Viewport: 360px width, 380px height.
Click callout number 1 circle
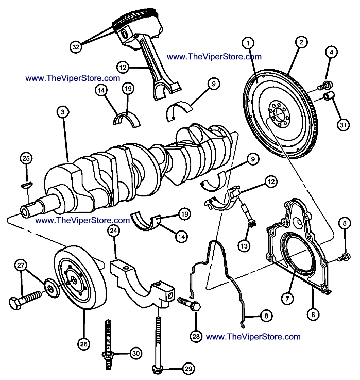point(248,43)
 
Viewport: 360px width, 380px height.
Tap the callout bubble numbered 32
point(76,47)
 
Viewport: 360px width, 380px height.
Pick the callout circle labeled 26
point(84,343)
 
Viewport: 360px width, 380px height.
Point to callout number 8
point(266,314)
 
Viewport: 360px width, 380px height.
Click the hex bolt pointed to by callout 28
point(190,304)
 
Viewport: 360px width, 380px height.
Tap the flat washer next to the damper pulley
point(52,285)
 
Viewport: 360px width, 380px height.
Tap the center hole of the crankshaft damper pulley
point(75,280)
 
